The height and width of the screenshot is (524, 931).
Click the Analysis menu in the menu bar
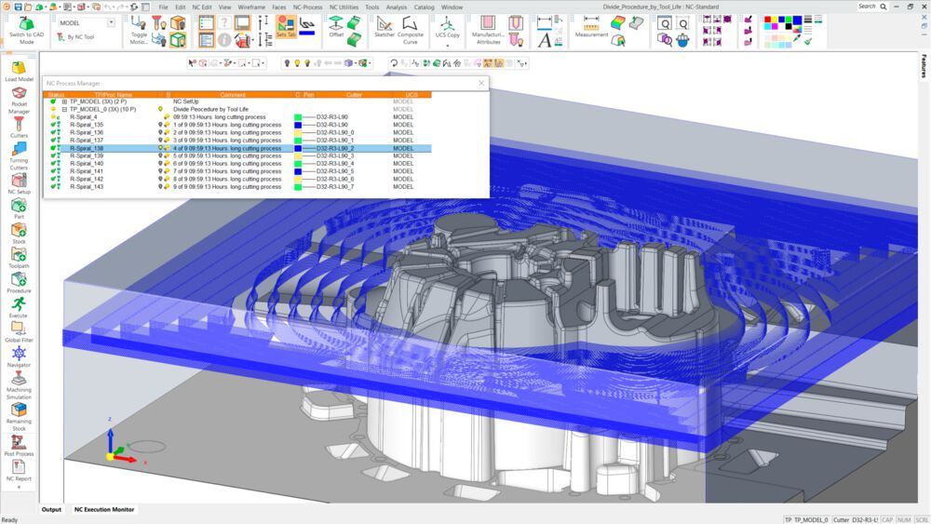click(396, 7)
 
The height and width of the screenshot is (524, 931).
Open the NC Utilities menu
click(344, 7)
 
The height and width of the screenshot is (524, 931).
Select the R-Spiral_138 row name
click(87, 148)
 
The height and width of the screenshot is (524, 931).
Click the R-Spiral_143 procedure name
click(87, 187)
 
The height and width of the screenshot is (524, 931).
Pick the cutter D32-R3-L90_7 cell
click(334, 187)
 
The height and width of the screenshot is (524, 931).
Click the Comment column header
click(233, 95)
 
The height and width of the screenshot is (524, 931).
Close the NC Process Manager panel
click(481, 83)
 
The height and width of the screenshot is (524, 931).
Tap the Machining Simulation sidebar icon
click(19, 383)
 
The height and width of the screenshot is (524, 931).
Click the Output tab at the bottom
click(51, 509)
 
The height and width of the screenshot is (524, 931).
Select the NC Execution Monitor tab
click(104, 509)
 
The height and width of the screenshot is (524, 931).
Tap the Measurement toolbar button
click(591, 28)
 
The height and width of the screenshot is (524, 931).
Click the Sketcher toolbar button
click(384, 28)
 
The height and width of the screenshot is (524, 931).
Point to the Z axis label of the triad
click(110, 420)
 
